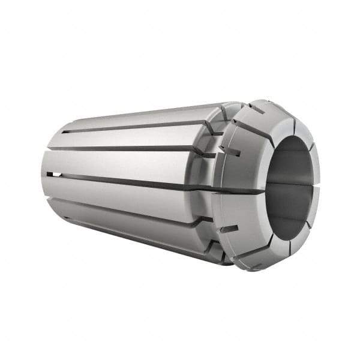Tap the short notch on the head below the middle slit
tap(227, 229)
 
